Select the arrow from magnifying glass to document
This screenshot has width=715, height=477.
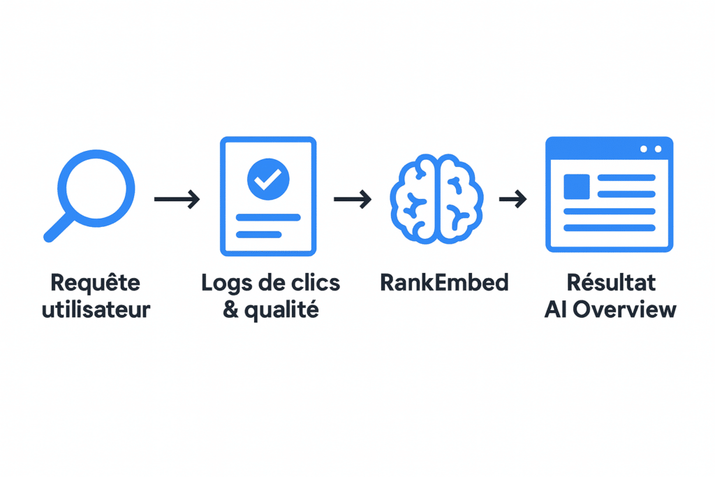pos(177,200)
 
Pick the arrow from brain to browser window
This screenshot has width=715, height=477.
pos(513,200)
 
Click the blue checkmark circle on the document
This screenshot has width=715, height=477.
pos(268,177)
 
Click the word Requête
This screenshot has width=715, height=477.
pos(95,283)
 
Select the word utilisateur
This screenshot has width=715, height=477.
pos(96,309)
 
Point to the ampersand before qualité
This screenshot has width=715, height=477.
pos(230,309)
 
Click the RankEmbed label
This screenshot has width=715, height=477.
pos(444,283)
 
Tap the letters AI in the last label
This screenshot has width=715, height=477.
pos(554,309)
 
